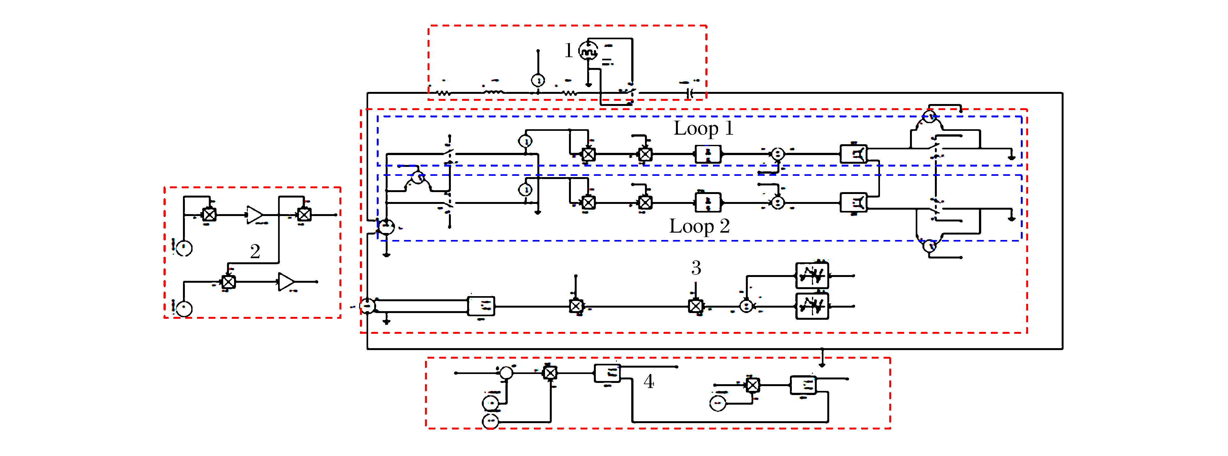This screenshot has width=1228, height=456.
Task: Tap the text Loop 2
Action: tap(699, 226)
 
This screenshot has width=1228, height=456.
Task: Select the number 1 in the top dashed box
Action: tap(568, 50)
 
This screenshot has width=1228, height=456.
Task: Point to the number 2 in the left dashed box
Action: tap(255, 251)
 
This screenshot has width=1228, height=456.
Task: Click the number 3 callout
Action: tap(696, 268)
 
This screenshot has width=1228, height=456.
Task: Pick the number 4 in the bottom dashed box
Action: tap(649, 381)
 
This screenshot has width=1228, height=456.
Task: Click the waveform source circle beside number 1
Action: tap(588, 50)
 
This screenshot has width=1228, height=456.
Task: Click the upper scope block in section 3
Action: tap(812, 275)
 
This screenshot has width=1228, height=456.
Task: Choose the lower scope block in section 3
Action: tap(812, 306)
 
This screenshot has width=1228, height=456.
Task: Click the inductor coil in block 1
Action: tap(493, 92)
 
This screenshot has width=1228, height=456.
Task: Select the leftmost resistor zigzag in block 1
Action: tap(444, 93)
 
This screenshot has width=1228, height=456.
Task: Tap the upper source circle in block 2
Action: tap(184, 248)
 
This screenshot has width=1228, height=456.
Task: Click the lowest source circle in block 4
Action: tap(490, 422)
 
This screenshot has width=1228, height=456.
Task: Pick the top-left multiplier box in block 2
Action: tap(209, 214)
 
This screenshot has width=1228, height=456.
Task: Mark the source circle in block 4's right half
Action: tap(717, 404)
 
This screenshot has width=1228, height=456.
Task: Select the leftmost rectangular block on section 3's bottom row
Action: tap(481, 306)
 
